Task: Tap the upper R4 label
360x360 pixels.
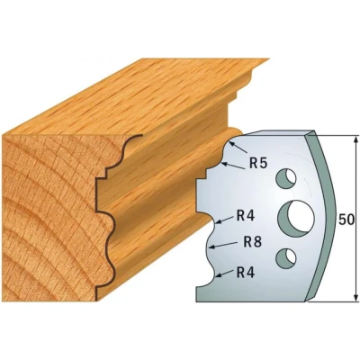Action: pos(246,216)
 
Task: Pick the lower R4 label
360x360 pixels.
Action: pos(246,273)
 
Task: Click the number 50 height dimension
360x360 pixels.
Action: pos(346,220)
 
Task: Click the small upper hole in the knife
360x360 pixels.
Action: pos(286,178)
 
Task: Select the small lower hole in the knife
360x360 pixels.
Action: pos(286,258)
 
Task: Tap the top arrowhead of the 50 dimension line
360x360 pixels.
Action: pos(355,140)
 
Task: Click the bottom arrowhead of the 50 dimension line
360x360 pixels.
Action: pos(355,297)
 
